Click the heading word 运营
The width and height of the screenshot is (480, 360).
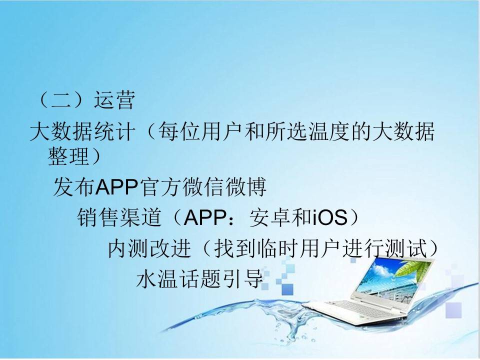click(114, 100)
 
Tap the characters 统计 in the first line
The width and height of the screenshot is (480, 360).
click(114, 131)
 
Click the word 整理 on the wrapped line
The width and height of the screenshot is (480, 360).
click(68, 156)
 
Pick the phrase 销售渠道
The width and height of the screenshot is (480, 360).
click(119, 217)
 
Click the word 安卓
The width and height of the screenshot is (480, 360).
click(270, 217)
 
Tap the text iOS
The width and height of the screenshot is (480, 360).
click(330, 217)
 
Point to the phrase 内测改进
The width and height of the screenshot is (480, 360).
click(149, 248)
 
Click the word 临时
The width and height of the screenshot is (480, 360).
click(278, 248)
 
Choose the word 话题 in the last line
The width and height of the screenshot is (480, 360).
click(200, 278)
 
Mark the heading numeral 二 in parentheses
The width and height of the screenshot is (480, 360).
click(61, 100)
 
